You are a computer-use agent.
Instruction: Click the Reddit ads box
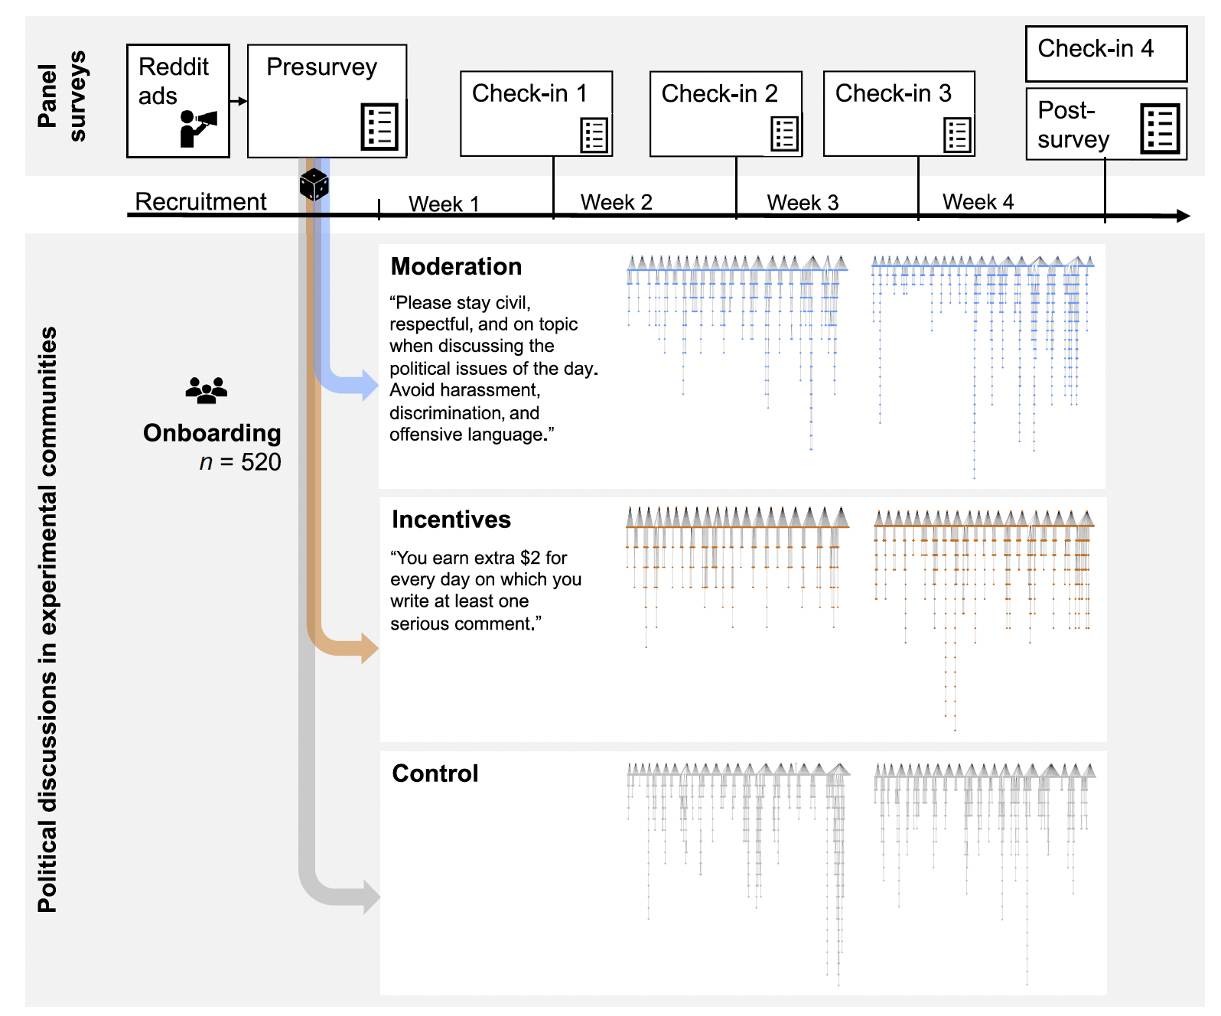click(177, 100)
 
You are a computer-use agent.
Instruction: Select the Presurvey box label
click(321, 67)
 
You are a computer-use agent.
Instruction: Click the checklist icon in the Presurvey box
click(379, 126)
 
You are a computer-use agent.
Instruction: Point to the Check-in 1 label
click(529, 93)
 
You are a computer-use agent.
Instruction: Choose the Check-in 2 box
click(725, 113)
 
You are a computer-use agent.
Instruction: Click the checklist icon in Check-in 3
click(957, 135)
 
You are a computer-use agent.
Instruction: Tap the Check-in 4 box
click(1105, 54)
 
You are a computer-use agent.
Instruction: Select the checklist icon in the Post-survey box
click(1160, 128)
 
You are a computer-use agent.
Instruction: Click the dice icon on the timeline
click(314, 184)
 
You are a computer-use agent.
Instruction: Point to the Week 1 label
click(444, 204)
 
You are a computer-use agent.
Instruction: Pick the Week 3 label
click(803, 203)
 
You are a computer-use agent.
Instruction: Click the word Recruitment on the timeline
click(200, 201)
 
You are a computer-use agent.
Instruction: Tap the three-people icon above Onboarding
click(207, 390)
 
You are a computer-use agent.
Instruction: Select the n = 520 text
click(240, 462)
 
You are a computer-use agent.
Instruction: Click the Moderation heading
click(456, 266)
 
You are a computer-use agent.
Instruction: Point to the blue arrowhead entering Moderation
click(369, 384)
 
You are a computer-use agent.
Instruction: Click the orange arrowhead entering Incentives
click(369, 648)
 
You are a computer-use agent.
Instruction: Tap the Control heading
click(435, 773)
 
